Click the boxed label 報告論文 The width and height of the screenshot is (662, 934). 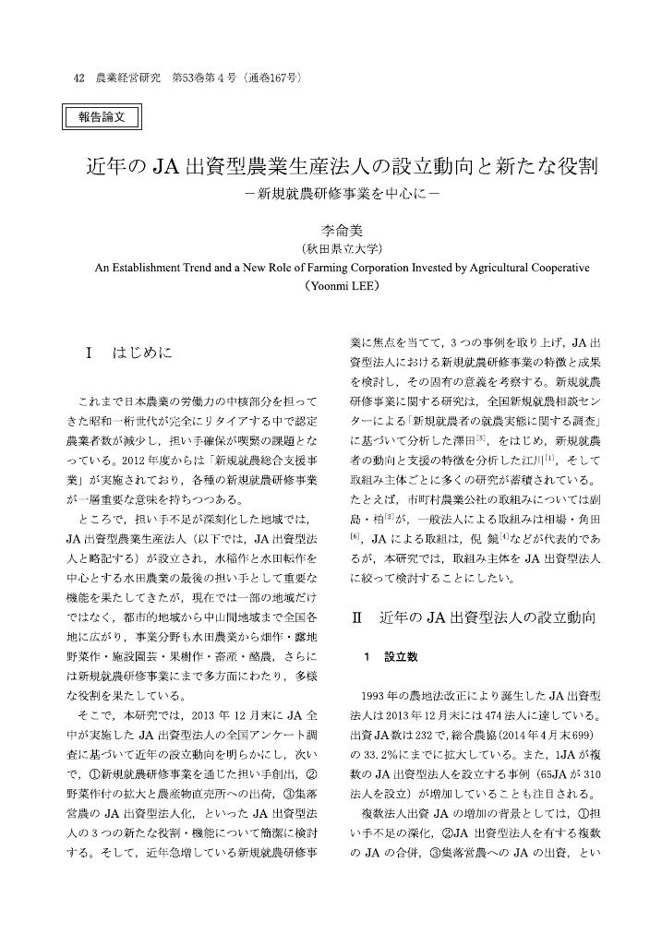[x=101, y=117]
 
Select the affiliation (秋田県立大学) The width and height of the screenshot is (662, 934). [x=342, y=248]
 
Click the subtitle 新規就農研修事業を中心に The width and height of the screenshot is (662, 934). [x=341, y=196]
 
